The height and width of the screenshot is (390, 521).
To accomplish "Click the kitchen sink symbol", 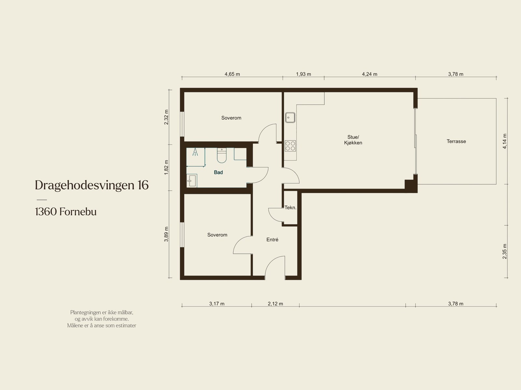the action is (x=290, y=118).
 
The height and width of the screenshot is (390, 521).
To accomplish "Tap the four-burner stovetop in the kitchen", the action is (x=290, y=146).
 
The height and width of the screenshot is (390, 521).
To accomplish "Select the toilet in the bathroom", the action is (x=222, y=155).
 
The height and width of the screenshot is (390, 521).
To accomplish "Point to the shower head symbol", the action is (x=195, y=152).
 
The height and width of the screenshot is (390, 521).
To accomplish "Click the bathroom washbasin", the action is (x=192, y=181).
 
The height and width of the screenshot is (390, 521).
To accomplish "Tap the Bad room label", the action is (x=218, y=173).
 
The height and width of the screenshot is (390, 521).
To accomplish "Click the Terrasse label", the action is (x=456, y=141).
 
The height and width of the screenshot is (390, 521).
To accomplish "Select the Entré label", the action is (x=272, y=240).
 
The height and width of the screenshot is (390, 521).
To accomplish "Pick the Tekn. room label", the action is (x=290, y=208).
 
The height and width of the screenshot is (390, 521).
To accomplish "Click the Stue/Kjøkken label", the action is (x=353, y=140).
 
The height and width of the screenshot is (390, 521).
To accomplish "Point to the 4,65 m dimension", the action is (x=232, y=74).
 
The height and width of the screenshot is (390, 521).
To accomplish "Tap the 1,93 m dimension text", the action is (x=303, y=74).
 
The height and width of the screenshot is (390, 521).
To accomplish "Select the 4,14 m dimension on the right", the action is (x=505, y=141).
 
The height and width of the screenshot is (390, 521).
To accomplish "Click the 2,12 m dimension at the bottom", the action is (x=275, y=304).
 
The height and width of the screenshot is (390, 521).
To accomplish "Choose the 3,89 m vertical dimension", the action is (x=166, y=234).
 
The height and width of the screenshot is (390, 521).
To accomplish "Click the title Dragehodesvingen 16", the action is (x=92, y=185).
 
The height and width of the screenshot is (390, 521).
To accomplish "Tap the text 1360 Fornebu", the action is (x=66, y=212).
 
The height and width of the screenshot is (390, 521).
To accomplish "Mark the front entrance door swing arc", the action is (x=271, y=262).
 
